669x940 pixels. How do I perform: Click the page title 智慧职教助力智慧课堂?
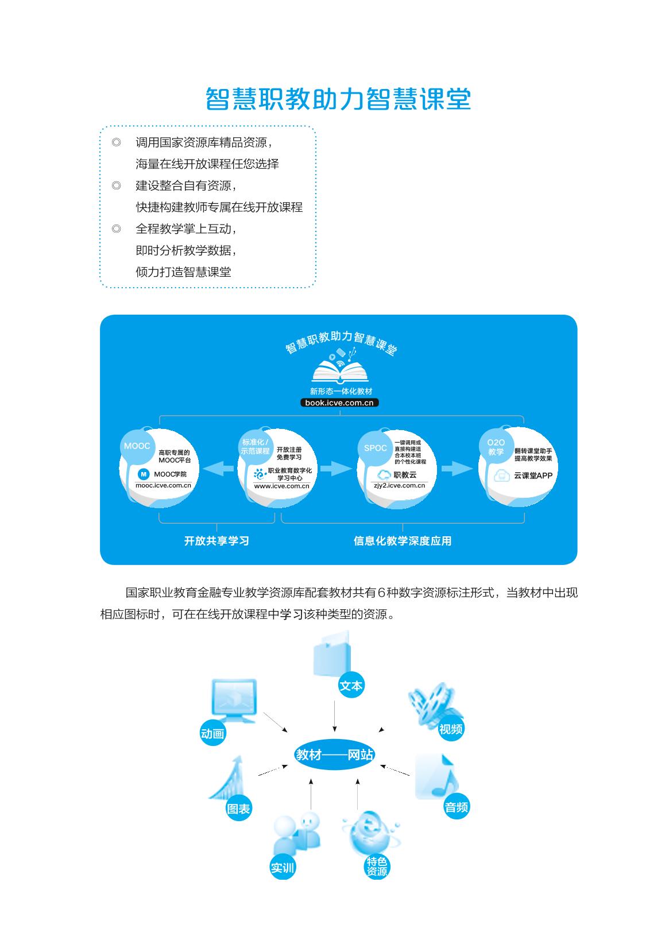point(338,100)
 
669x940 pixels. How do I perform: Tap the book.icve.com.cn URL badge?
point(339,403)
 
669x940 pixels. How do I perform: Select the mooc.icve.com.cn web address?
point(163,485)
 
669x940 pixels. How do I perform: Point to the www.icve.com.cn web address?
point(281,486)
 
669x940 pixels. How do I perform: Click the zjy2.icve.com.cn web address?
point(399,485)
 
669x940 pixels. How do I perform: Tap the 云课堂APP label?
point(533,475)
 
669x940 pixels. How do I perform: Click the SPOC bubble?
point(376,448)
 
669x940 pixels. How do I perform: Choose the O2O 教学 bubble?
point(496,447)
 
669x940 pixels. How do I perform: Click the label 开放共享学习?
point(216,541)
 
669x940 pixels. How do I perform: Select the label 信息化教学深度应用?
point(403,541)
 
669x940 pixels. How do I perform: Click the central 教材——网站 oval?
point(334,755)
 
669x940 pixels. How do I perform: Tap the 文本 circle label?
point(351,686)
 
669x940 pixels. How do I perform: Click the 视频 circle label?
point(450,729)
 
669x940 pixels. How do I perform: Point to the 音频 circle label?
point(457,807)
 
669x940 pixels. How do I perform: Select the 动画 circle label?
point(212,733)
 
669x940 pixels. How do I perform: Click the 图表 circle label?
point(239,809)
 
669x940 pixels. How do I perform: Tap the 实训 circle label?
point(282,868)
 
